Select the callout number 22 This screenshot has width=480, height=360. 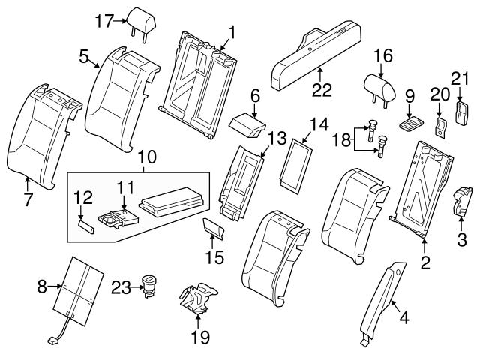320,90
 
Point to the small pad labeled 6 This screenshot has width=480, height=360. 245,123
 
